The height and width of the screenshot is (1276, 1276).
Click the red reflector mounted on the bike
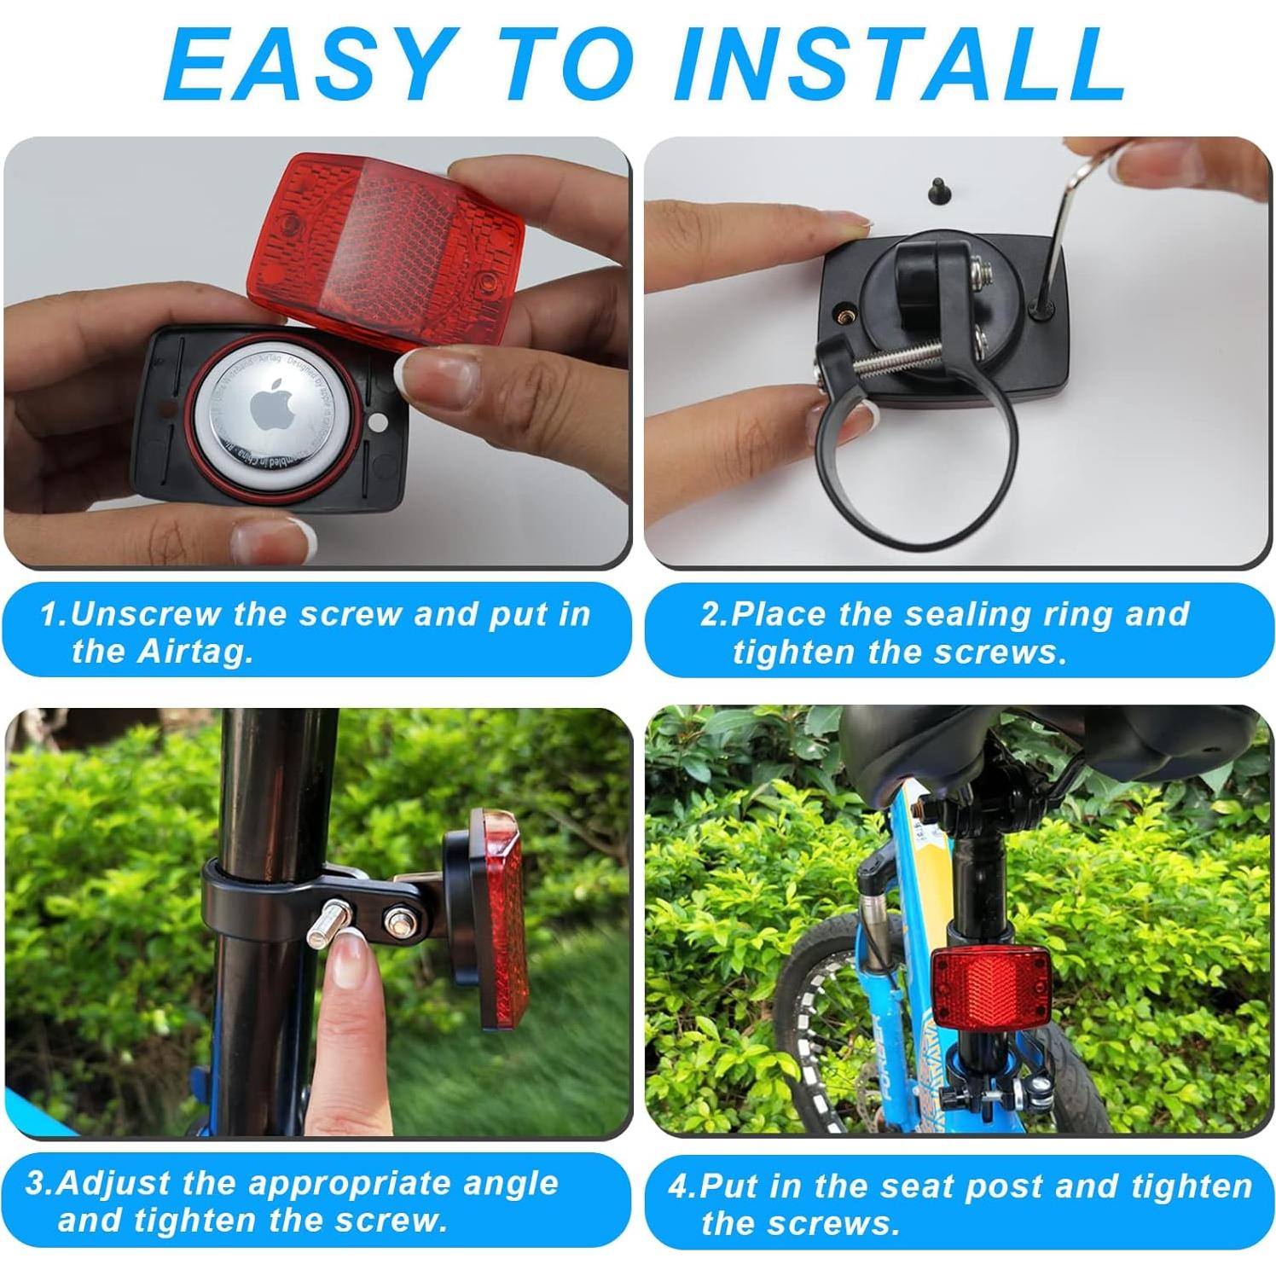(986, 989)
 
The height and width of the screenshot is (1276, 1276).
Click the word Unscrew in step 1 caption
(146, 614)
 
